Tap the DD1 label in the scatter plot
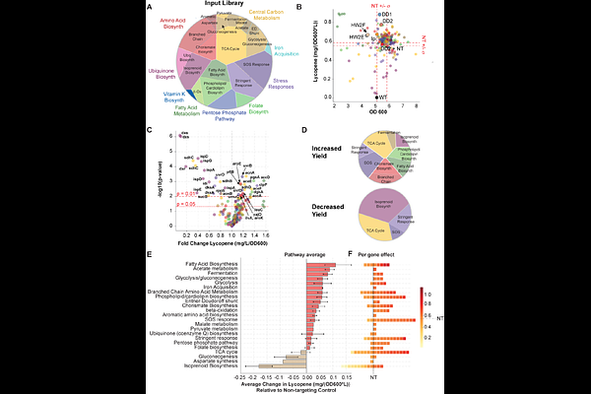(388, 15)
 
